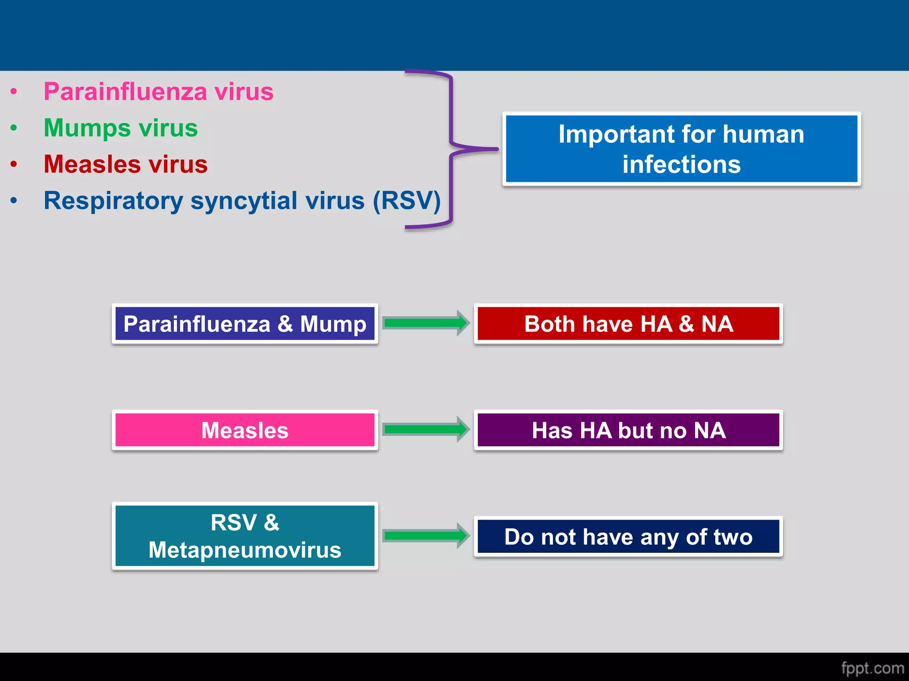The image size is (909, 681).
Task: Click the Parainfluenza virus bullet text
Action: point(158,92)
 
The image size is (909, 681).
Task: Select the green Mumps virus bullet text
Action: point(121,128)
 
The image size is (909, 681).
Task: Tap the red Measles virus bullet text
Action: point(126,164)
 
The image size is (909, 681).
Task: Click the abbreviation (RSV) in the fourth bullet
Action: point(407,200)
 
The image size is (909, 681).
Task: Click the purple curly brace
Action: point(451,149)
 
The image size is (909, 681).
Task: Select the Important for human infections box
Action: point(681,149)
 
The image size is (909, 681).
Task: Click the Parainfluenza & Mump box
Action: point(245,324)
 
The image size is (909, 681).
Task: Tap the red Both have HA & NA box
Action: point(628,324)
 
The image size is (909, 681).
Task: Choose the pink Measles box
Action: point(245,430)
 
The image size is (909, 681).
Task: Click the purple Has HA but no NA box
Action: point(628,430)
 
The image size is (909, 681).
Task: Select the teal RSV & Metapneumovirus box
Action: point(245,536)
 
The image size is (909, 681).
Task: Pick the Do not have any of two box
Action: point(628,537)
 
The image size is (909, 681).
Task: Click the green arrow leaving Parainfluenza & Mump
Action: point(426,323)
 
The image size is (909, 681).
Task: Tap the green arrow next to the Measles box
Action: point(426,429)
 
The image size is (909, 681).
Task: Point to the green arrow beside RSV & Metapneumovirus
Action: point(426,536)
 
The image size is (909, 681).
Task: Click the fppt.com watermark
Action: point(872,668)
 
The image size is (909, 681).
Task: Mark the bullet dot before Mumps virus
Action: point(14,129)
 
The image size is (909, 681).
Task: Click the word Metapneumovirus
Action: point(245,550)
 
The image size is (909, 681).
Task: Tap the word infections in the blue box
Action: point(681,164)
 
